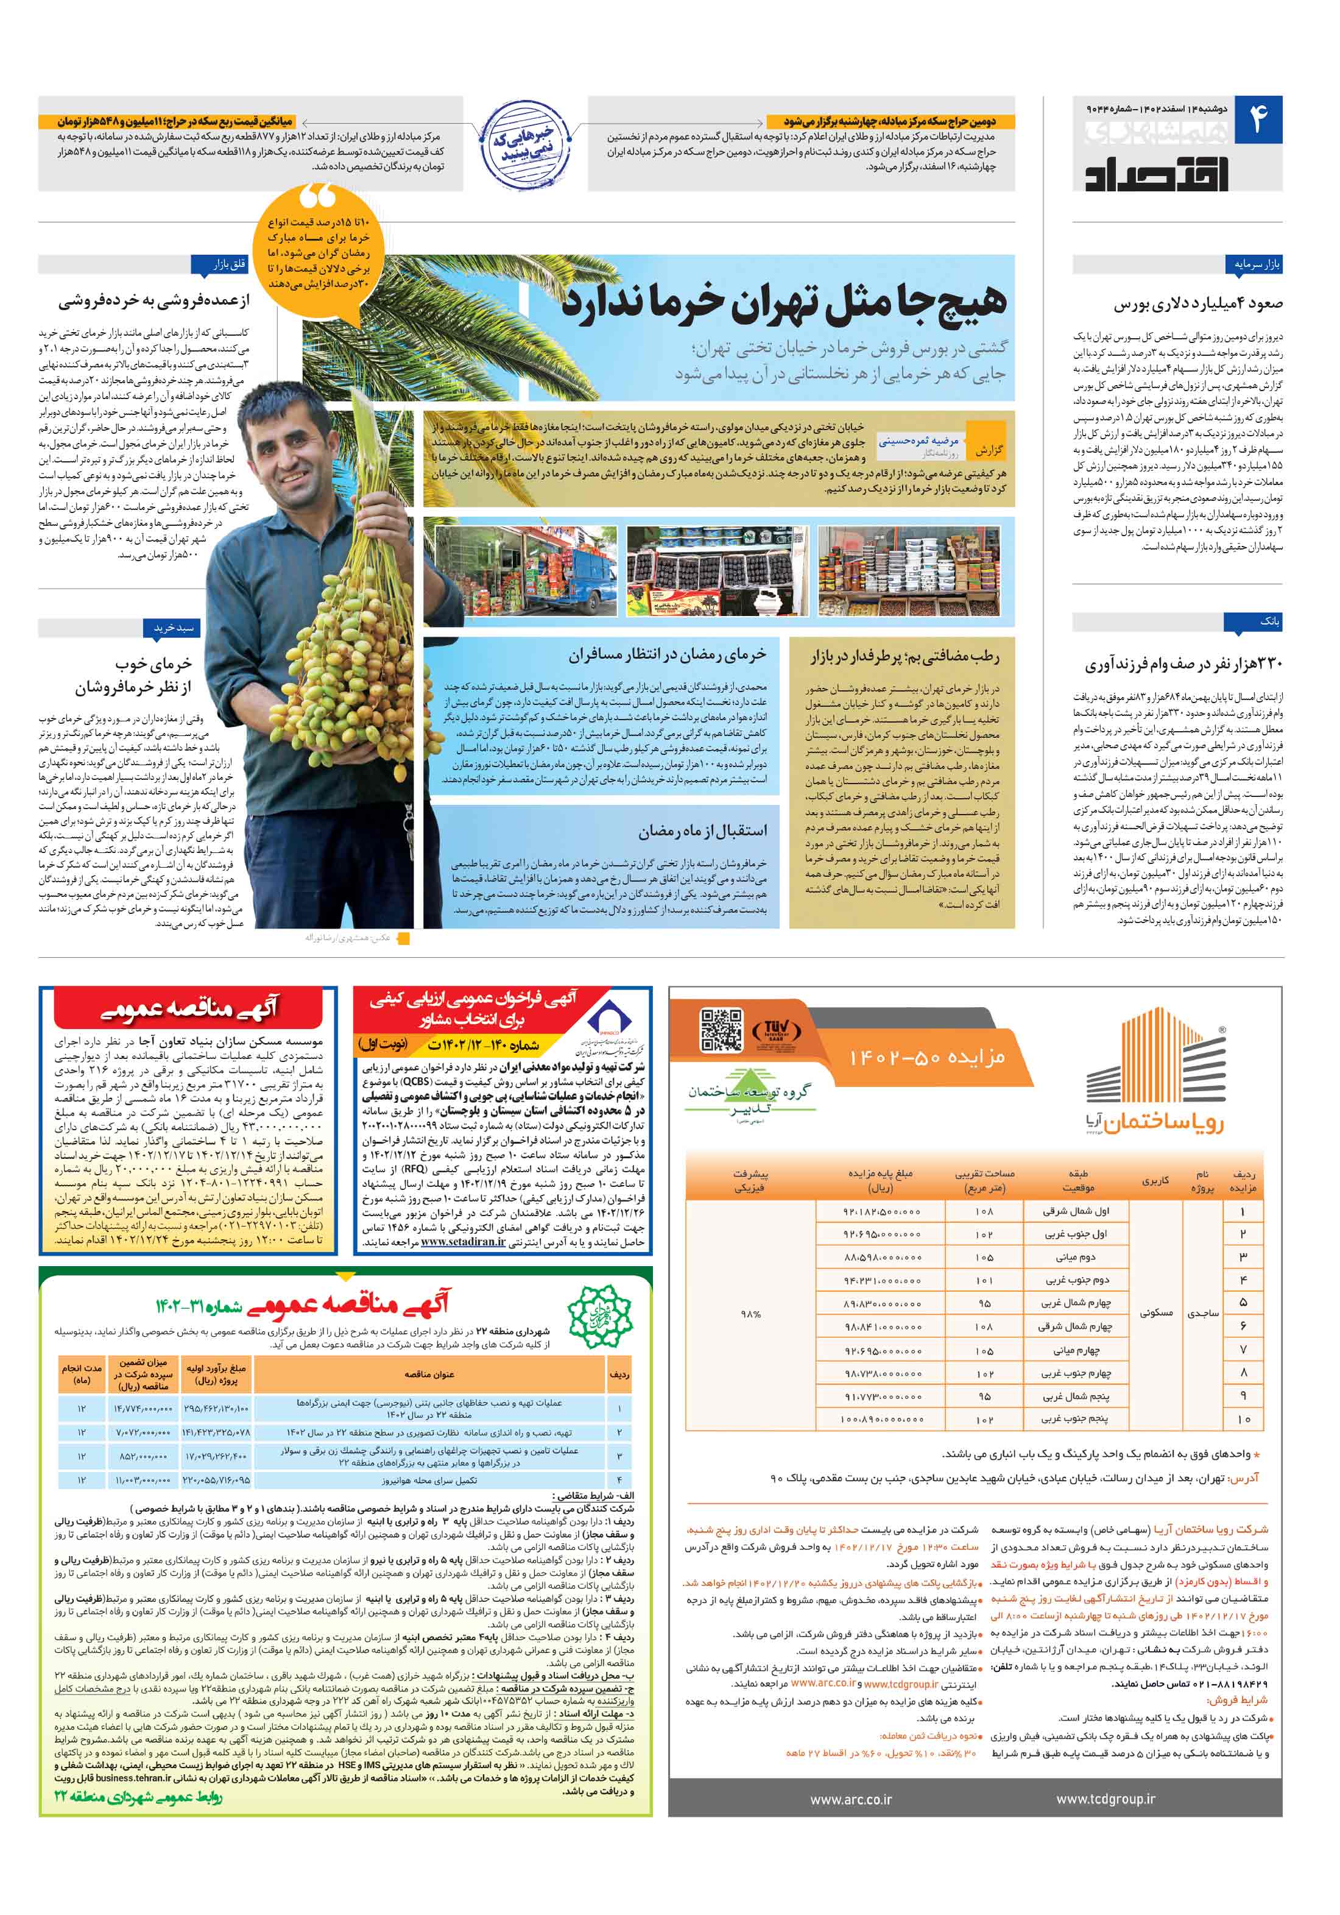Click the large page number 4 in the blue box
1257,121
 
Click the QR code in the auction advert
721,1029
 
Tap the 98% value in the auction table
750,1314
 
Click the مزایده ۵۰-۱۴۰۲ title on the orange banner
926,1058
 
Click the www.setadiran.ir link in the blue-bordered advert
463,1242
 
